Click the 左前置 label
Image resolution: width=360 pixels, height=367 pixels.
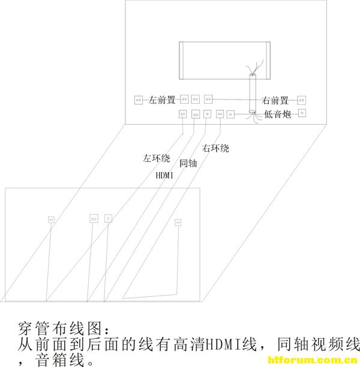pyautogui.click(x=162, y=100)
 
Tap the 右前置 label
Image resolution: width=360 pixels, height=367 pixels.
pyautogui.click(x=275, y=100)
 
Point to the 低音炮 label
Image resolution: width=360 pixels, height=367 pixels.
pyautogui.click(x=278, y=114)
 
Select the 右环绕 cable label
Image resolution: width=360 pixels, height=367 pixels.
pyautogui.click(x=215, y=148)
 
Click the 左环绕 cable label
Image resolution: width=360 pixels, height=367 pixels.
pyautogui.click(x=157, y=158)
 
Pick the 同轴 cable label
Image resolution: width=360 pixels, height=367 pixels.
pyautogui.click(x=188, y=163)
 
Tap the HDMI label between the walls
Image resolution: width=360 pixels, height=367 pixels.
pyautogui.click(x=164, y=175)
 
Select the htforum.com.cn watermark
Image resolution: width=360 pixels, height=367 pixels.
pyautogui.click(x=313, y=360)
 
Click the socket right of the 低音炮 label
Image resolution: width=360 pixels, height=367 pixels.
pyautogui.click(x=302, y=113)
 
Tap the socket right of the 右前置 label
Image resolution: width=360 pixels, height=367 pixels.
pyautogui.click(x=302, y=100)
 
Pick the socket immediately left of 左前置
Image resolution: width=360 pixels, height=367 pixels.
pyautogui.click(x=139, y=100)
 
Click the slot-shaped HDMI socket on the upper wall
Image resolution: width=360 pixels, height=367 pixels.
pyautogui.click(x=196, y=115)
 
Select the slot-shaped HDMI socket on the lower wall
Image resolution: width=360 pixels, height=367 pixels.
pyautogui.click(x=94, y=219)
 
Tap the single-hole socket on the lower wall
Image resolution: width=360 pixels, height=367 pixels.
pyautogui.click(x=108, y=219)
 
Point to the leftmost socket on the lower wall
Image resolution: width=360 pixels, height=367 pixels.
pyautogui.click(x=51, y=219)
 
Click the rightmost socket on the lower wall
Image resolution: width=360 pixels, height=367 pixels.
pyautogui.click(x=178, y=222)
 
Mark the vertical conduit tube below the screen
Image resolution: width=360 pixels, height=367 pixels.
pyautogui.click(x=253, y=94)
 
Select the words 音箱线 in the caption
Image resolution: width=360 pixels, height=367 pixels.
pyautogui.click(x=60, y=360)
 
